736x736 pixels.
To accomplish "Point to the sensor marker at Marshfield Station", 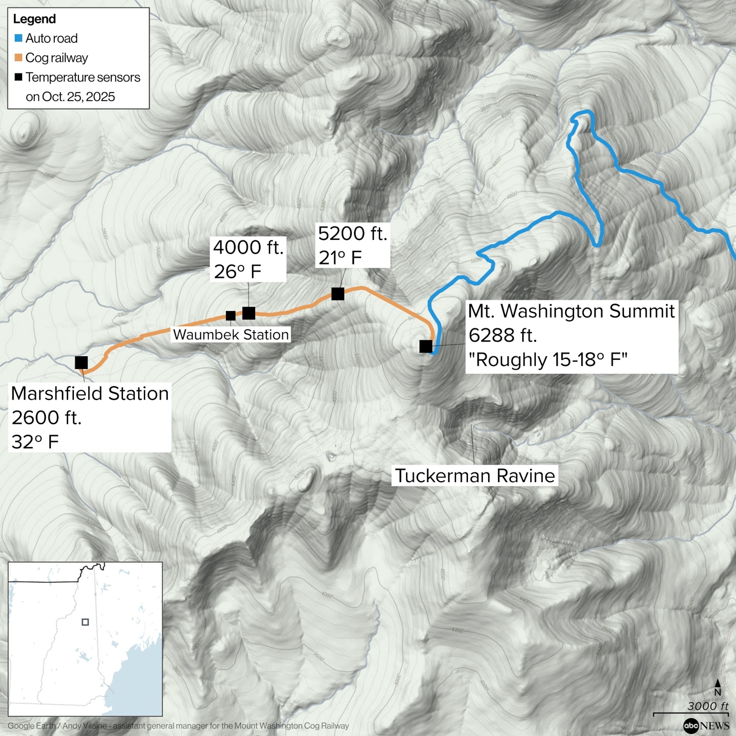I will (81, 362).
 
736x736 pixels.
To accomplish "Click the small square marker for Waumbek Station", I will (230, 316).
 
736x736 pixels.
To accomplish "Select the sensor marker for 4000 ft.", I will (248, 313).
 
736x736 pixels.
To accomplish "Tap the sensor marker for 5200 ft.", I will (338, 294).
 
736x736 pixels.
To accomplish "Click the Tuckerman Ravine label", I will (475, 476).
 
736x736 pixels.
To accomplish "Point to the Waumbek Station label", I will (230, 334).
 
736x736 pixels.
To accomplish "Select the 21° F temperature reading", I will (340, 258).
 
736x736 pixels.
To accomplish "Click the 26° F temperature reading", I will (237, 272).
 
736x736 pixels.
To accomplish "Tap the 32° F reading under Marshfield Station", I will (35, 442).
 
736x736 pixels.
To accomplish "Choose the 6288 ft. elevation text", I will (502, 335).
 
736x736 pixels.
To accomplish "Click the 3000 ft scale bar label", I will (707, 706).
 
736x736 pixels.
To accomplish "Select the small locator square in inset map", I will (85, 622).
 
